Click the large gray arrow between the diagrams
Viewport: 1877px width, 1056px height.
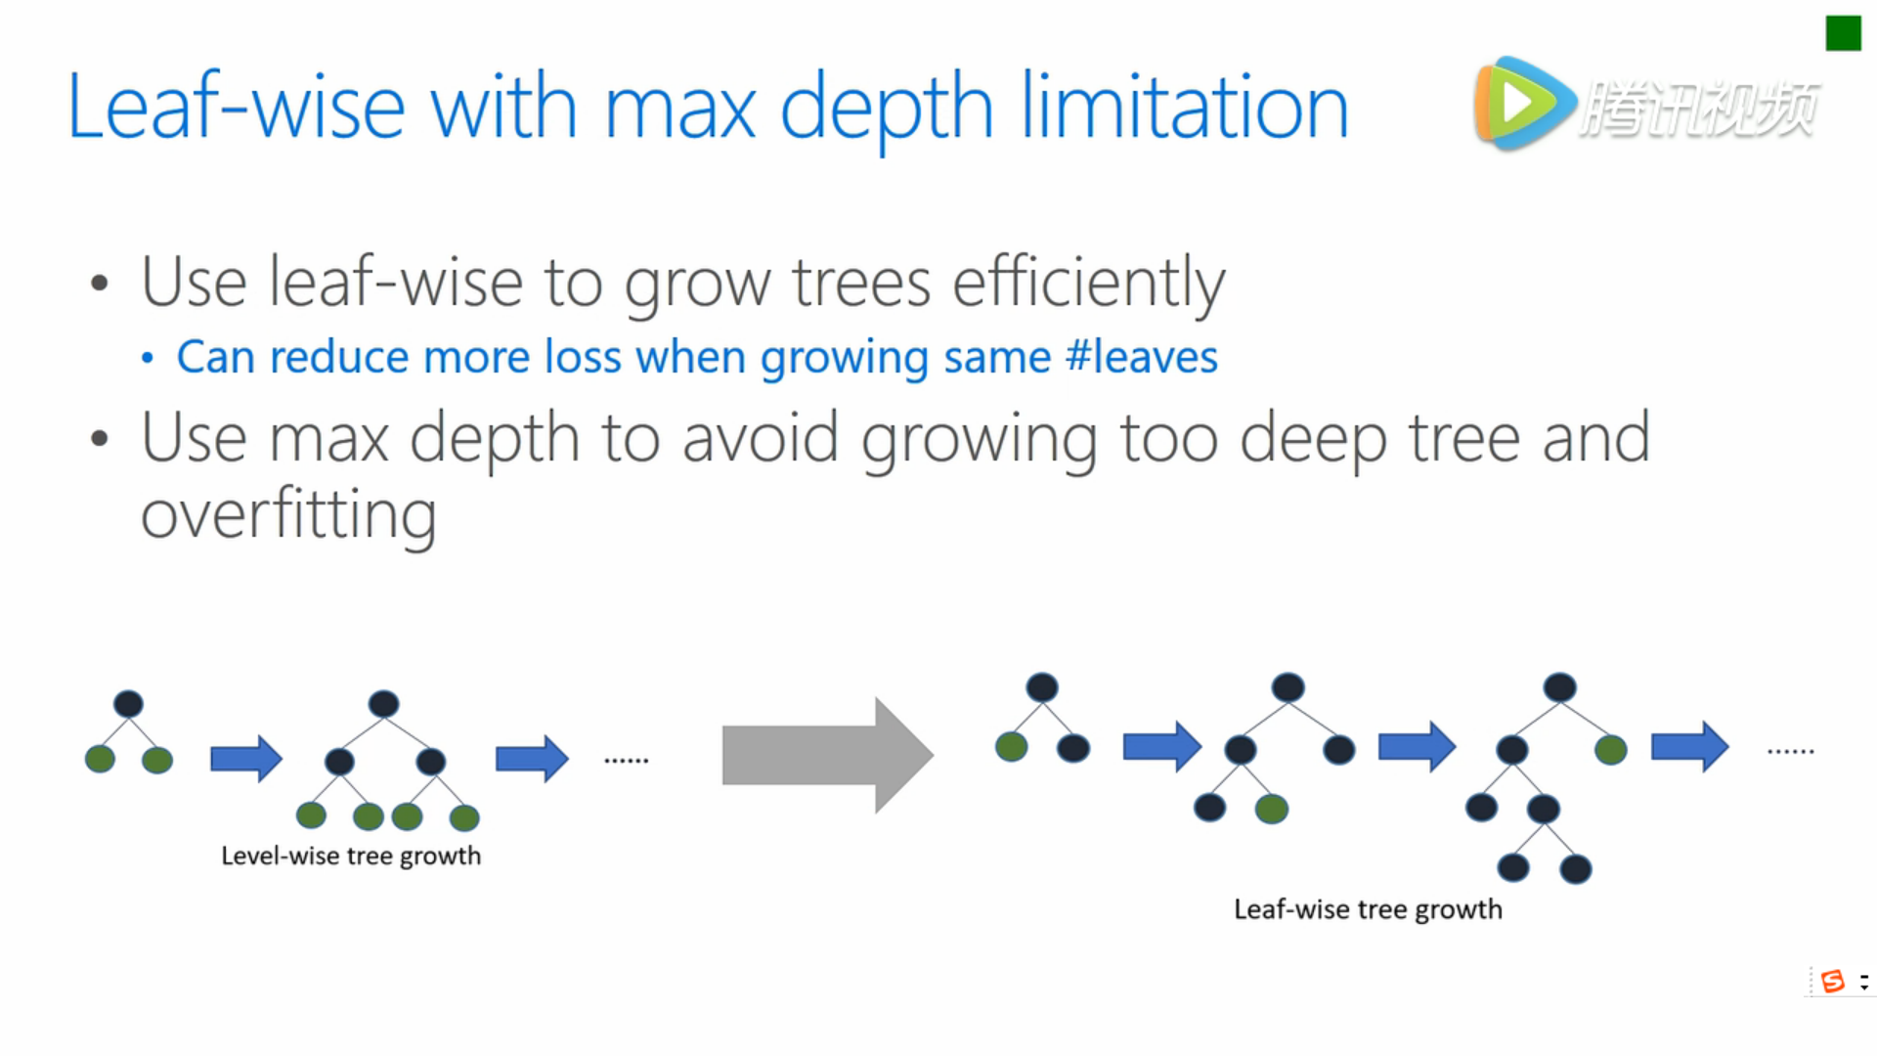click(x=827, y=755)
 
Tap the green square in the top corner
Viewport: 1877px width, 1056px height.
click(x=1843, y=33)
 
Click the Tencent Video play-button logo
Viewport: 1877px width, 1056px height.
click(x=1524, y=104)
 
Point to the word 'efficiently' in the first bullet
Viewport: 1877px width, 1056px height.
click(x=1088, y=283)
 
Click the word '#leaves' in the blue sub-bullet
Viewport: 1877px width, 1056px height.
click(x=1142, y=357)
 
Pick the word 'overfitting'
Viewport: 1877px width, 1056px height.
click(x=288, y=514)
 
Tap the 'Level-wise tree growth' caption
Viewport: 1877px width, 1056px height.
click(x=351, y=856)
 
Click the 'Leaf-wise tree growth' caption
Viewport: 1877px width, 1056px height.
click(x=1368, y=909)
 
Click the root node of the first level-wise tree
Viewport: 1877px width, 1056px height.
click(x=128, y=704)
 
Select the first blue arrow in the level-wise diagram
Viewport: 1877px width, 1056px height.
click(x=246, y=758)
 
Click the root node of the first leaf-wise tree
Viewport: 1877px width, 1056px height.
click(x=1042, y=687)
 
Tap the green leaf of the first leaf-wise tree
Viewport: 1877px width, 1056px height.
click(x=1012, y=748)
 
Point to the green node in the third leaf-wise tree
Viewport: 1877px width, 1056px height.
click(x=1611, y=750)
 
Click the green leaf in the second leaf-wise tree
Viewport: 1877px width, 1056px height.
click(x=1272, y=809)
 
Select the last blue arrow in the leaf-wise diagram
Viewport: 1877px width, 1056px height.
click(x=1690, y=747)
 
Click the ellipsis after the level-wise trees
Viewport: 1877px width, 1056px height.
click(x=627, y=760)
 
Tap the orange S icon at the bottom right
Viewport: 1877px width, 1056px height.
click(x=1833, y=981)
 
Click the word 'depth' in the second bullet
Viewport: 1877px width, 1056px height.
click(x=494, y=439)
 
